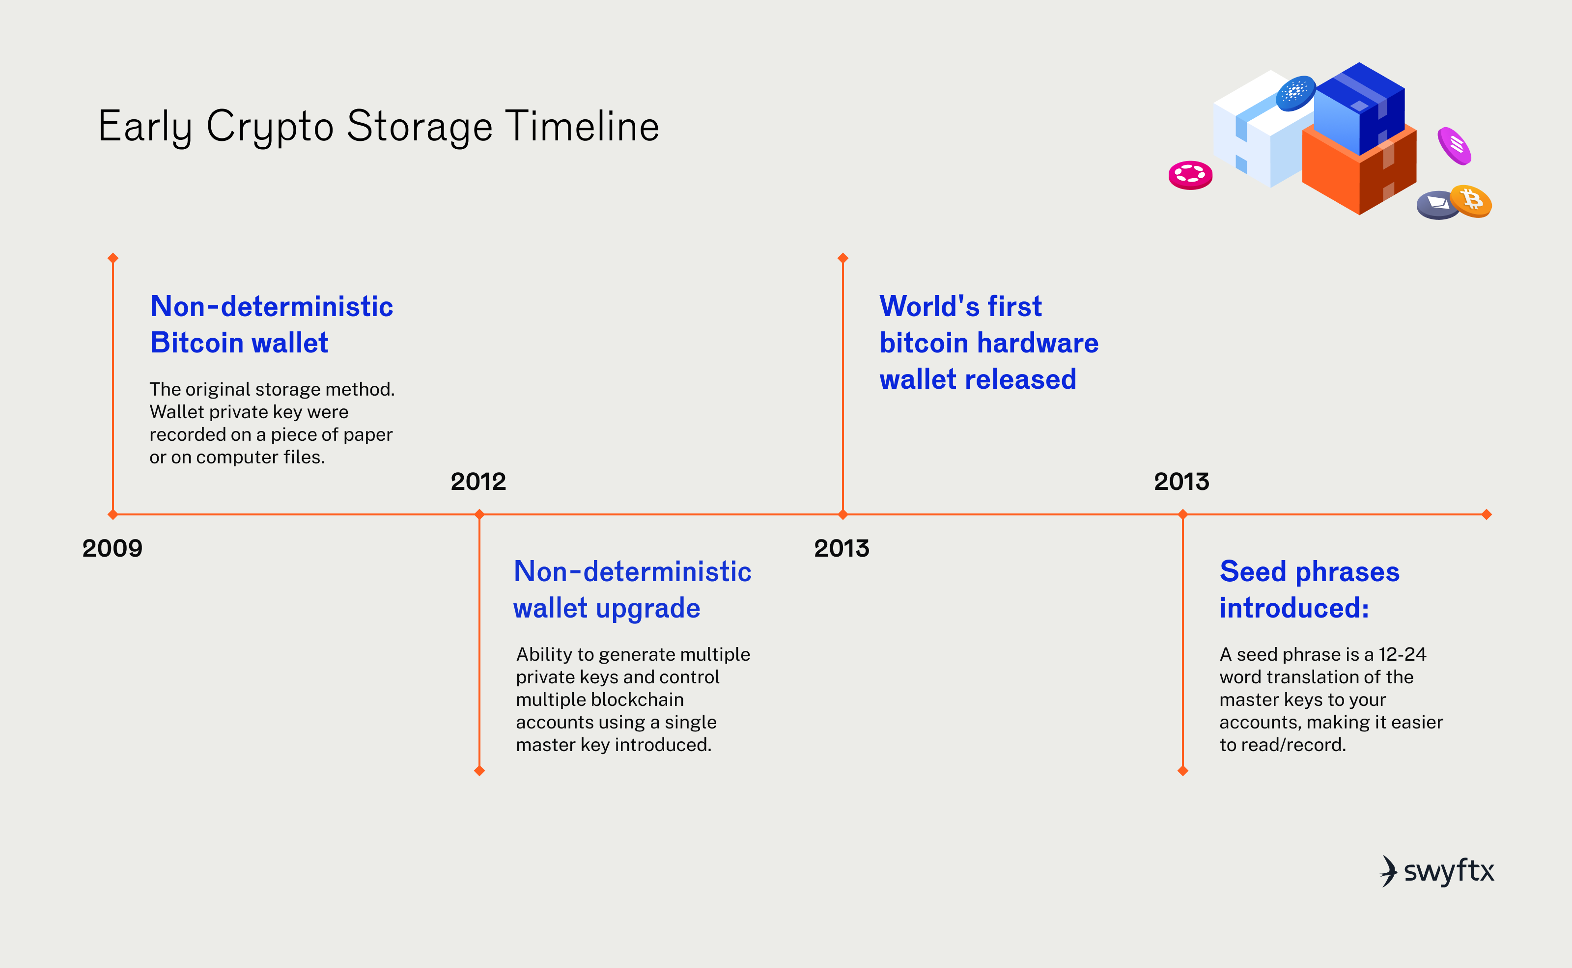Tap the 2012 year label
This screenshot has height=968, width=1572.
pos(478,482)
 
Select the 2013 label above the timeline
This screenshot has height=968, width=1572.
pos(1181,482)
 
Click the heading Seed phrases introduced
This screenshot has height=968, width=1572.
pos(1309,590)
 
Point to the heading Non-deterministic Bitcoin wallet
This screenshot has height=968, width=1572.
pos(271,324)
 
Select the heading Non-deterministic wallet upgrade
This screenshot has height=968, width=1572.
pos(632,590)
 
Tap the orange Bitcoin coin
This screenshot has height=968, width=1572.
pos(1471,200)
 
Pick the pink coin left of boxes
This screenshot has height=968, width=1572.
pos(1190,174)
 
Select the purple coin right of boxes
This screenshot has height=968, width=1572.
pos(1454,145)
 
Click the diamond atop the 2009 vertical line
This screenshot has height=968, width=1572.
pos(113,258)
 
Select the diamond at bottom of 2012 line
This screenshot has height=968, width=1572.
pos(479,771)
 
